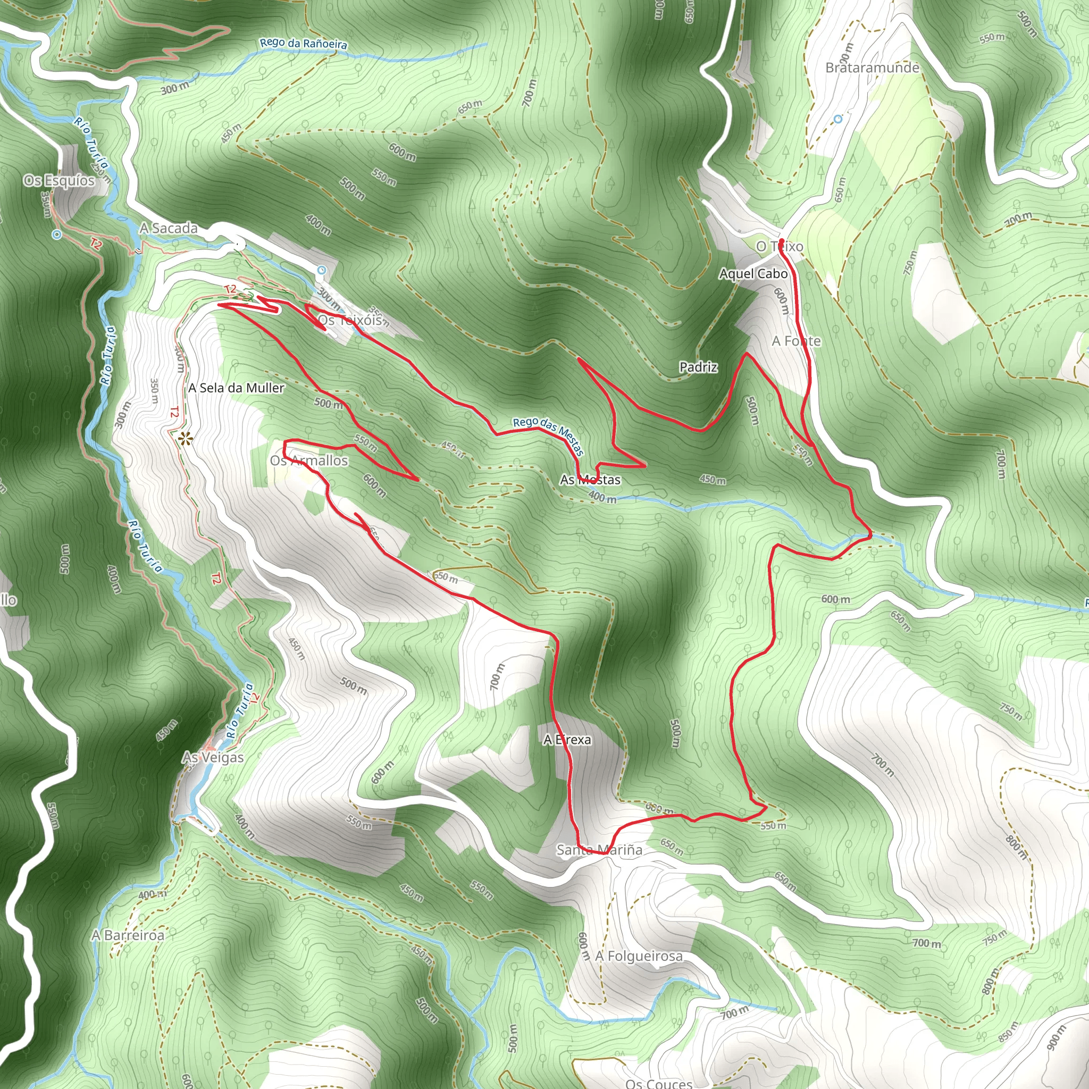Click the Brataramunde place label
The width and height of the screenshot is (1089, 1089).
tap(872, 68)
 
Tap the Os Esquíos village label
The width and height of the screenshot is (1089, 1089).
tap(59, 180)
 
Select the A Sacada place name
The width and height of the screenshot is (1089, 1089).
tap(169, 228)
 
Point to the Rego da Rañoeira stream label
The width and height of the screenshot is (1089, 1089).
tap(303, 44)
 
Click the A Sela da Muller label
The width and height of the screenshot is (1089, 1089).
tap(236, 388)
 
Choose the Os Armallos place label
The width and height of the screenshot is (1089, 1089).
tap(309, 460)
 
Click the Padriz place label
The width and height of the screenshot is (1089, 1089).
tap(698, 367)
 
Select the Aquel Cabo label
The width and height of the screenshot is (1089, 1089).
tap(753, 273)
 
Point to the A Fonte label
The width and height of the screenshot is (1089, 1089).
tap(796, 341)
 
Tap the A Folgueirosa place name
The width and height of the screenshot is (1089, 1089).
tap(639, 956)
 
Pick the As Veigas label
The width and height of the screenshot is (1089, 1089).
tap(213, 758)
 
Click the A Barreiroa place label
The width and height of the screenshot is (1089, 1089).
tap(128, 935)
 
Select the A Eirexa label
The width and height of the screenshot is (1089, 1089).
tap(567, 740)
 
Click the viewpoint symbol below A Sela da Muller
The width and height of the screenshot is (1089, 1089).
tap(185, 438)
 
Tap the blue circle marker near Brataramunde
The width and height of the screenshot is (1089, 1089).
tap(838, 119)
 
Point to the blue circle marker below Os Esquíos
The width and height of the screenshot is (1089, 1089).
tap(56, 234)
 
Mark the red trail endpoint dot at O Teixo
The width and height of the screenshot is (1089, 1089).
tap(782, 242)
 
